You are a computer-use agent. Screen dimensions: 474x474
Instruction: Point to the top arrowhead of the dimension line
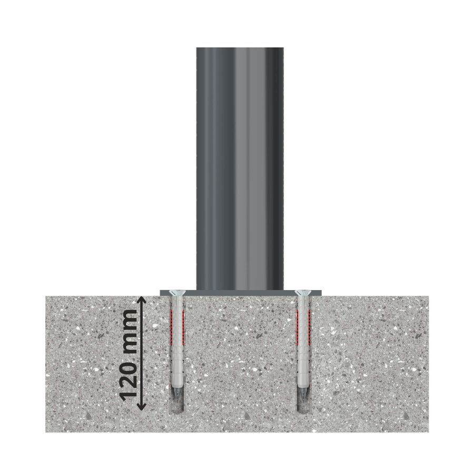[x=141, y=301]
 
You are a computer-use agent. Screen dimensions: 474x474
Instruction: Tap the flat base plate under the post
[x=240, y=292]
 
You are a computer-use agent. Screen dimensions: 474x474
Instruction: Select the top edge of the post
[x=240, y=49]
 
